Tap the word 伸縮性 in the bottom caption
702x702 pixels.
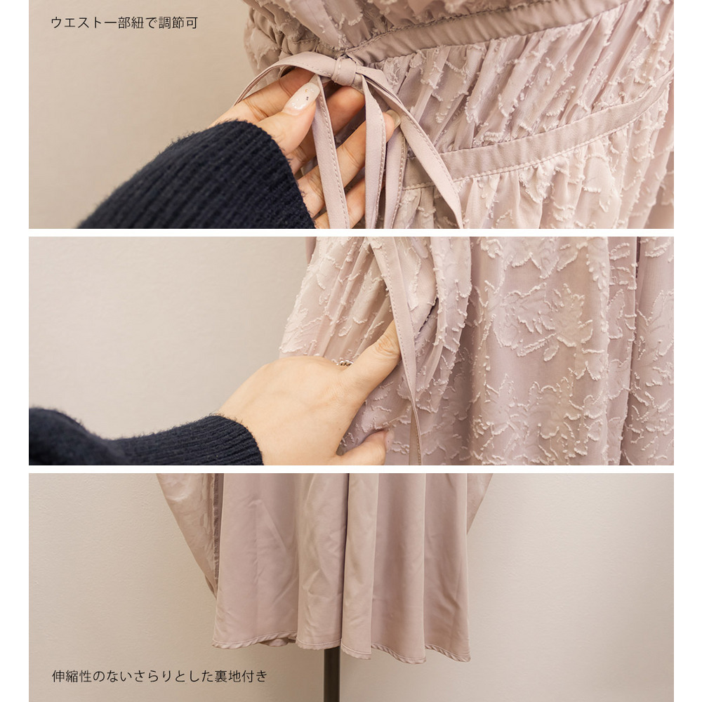click(x=72, y=676)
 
